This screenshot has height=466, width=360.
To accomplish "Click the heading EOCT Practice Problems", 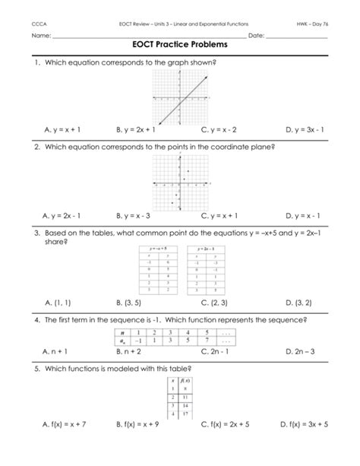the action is tap(180, 46).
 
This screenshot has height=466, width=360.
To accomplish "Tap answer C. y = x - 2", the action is tap(223, 130).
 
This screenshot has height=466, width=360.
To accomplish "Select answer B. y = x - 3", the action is tap(140, 215).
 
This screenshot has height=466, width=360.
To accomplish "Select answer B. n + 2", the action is tap(130, 352).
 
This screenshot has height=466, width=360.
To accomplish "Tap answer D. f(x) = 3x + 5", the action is tap(307, 444).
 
